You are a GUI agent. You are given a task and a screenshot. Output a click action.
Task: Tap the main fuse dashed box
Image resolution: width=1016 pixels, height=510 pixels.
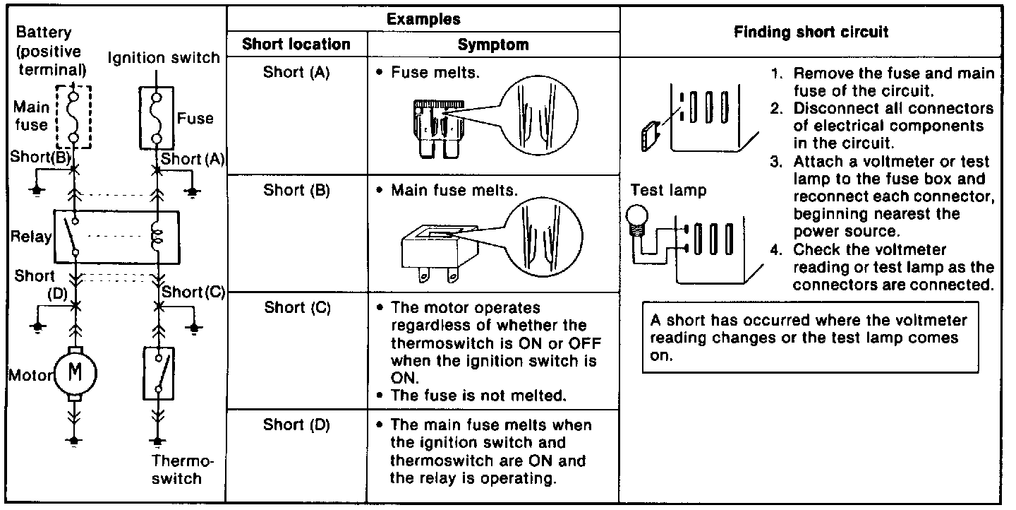point(73,115)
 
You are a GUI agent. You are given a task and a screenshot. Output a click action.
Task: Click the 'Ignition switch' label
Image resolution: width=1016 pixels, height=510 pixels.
point(164,58)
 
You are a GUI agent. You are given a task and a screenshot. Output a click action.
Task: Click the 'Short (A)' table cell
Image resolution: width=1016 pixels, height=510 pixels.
point(296,72)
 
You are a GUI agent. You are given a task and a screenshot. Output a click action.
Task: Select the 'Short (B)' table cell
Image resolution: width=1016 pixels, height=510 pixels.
point(296,190)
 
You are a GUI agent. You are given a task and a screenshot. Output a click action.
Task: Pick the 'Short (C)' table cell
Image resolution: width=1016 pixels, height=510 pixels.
point(297,308)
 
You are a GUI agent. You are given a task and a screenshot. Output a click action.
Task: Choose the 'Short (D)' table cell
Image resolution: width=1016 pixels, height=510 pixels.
point(296,425)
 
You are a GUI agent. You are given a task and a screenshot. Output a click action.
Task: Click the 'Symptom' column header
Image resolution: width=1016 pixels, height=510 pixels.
point(492,45)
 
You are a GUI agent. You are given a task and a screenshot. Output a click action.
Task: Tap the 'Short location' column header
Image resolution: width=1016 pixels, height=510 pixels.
point(296,45)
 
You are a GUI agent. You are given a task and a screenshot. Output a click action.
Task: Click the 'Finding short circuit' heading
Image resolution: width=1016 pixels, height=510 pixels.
point(811,32)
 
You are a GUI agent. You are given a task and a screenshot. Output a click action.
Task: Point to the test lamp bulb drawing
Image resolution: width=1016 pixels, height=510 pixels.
point(638,218)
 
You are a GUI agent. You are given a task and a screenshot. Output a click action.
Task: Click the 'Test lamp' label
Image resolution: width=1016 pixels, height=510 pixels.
point(668,191)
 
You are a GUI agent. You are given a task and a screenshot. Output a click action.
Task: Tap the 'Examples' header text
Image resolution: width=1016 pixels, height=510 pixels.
point(423,19)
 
